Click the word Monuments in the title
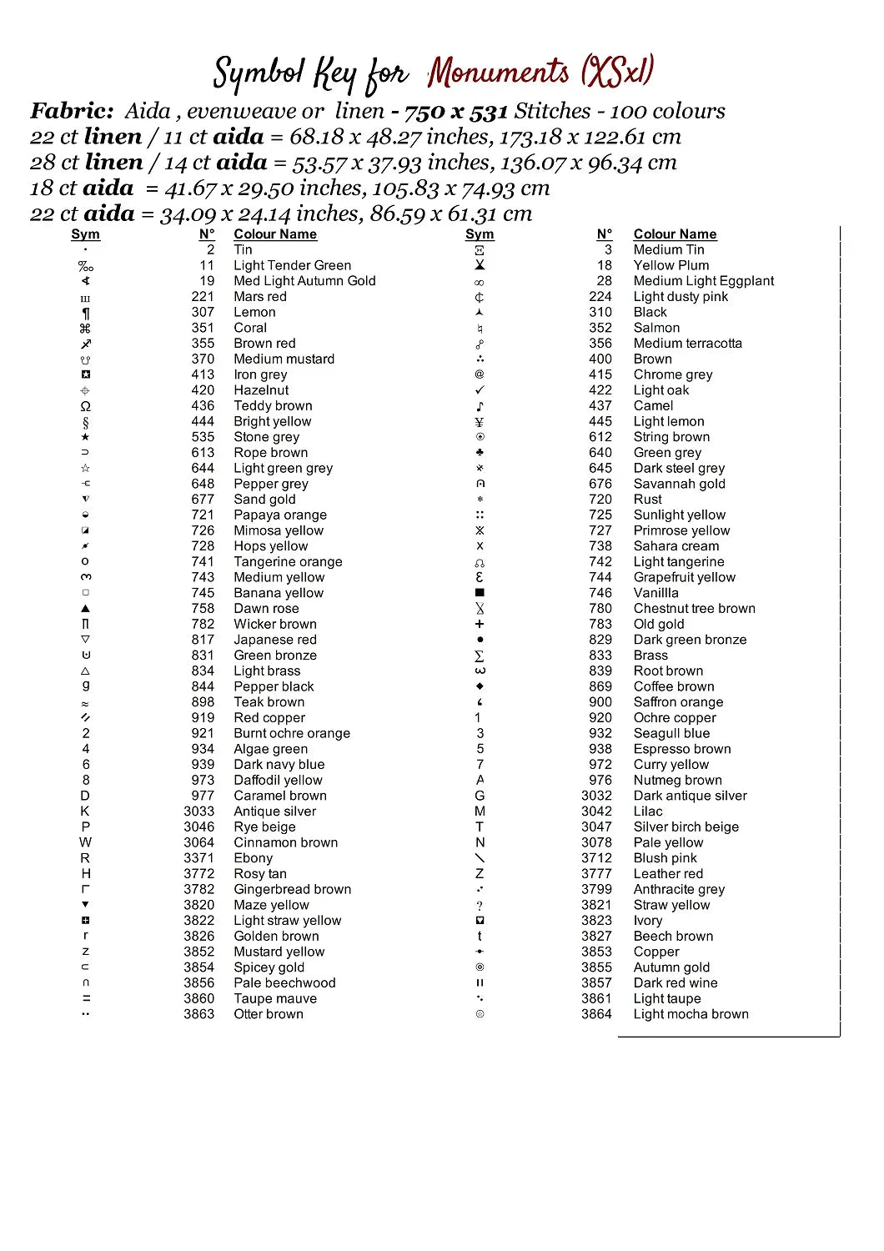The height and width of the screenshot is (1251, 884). pyautogui.click(x=499, y=73)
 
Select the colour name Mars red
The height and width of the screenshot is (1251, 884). pyautogui.click(x=259, y=297)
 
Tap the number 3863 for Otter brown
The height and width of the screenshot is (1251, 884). pyautogui.click(x=198, y=1014)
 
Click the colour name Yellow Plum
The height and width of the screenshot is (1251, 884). pyautogui.click(x=671, y=265)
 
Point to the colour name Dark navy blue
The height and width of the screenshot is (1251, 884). pyautogui.click(x=279, y=765)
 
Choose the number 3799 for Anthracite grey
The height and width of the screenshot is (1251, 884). pyautogui.click(x=596, y=890)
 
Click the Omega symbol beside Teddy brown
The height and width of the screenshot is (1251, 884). pyautogui.click(x=85, y=406)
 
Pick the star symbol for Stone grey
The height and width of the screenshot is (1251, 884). pyautogui.click(x=85, y=437)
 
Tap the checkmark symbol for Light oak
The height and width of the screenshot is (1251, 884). pyautogui.click(x=480, y=390)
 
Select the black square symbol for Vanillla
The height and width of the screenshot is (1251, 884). pyautogui.click(x=480, y=593)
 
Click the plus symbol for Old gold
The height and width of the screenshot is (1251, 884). pyautogui.click(x=480, y=624)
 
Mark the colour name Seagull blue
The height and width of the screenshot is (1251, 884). pyautogui.click(x=671, y=734)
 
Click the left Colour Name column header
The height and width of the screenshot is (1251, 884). pyautogui.click(x=275, y=234)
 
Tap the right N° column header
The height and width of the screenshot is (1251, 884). pyautogui.click(x=605, y=234)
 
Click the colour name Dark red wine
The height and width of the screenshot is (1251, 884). pyautogui.click(x=675, y=983)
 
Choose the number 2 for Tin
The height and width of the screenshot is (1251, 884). pyautogui.click(x=210, y=249)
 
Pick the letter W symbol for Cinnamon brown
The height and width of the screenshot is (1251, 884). pyautogui.click(x=85, y=842)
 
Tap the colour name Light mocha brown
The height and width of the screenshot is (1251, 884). pyautogui.click(x=691, y=1014)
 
